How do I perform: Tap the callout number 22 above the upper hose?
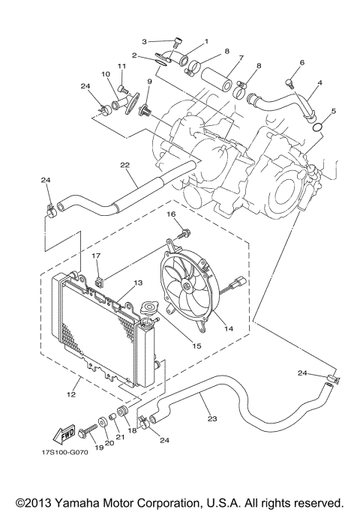click(125, 165)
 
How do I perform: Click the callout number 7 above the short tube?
click(241, 58)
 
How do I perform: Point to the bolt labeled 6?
click(289, 82)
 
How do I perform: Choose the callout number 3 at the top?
click(144, 40)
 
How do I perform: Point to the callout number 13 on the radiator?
click(137, 283)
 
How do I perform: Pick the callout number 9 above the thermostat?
click(150, 81)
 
